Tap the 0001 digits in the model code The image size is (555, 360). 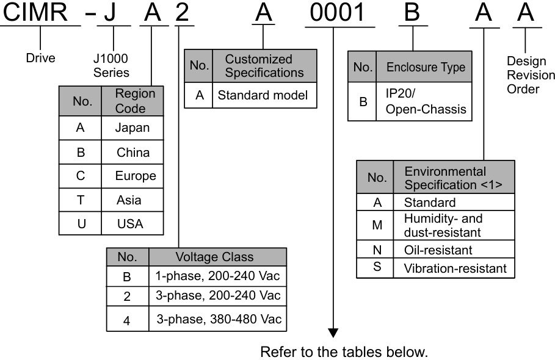pos(333,13)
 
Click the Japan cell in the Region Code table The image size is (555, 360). pos(132,128)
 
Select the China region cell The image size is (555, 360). pos(133,152)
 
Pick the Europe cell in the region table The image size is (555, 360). pos(136,176)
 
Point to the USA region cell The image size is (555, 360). pos(130,223)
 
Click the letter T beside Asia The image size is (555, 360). pos(81,200)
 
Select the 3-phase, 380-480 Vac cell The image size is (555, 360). pos(217,319)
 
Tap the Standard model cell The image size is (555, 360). pos(264,96)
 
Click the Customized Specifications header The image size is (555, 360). pos(264,66)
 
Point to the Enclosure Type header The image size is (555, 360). pos(426,67)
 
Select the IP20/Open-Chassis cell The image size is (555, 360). pos(421,103)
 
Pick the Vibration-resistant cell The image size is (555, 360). pos(455,268)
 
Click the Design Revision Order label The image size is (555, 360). pos(531,74)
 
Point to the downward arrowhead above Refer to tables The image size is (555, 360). pos(333,332)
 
